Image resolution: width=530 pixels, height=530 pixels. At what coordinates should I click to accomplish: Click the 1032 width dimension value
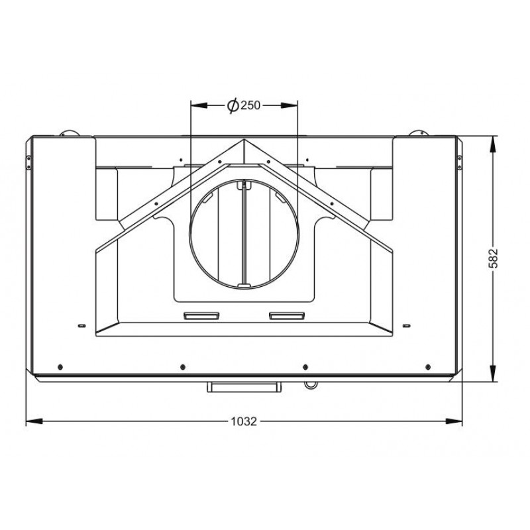244,421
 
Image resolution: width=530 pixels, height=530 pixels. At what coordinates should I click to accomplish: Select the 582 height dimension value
494,258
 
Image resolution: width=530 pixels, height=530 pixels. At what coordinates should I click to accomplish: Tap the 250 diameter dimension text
250,105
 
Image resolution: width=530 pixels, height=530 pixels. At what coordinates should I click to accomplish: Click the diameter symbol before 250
233,106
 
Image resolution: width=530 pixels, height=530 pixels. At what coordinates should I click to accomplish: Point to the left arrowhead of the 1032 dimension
34,421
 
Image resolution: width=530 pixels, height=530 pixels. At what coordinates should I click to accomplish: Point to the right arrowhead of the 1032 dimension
454,421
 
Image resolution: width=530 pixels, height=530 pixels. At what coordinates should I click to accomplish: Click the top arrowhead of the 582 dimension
493,144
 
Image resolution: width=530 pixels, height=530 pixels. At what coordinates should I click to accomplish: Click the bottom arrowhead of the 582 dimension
493,373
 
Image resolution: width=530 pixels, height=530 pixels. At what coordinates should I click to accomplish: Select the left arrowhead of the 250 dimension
199,105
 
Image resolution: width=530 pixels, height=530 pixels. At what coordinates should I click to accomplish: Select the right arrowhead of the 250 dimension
290,105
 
